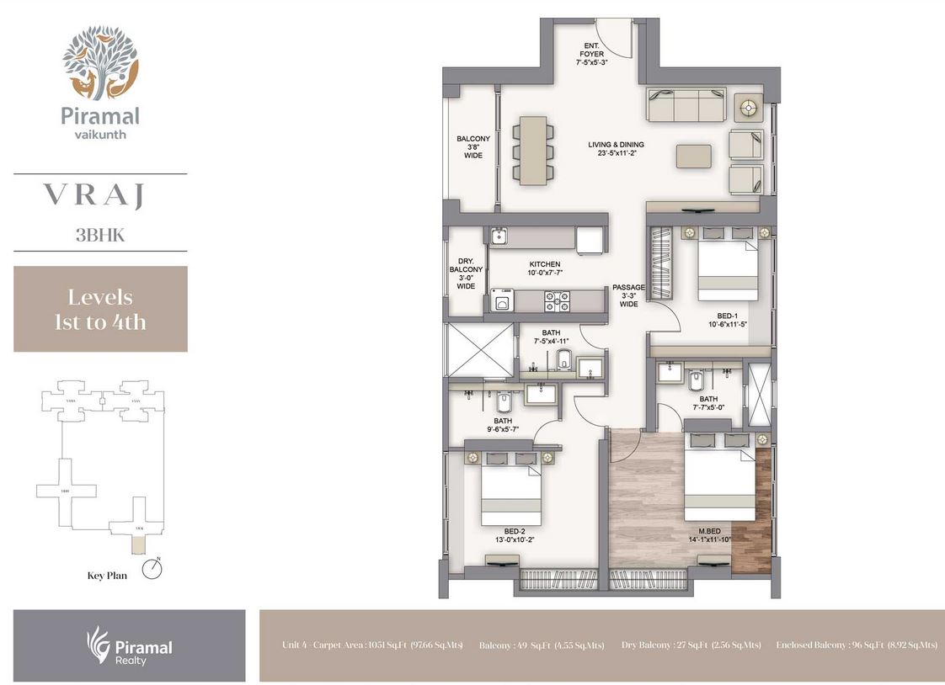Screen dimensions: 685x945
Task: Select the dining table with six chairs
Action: (x=533, y=151)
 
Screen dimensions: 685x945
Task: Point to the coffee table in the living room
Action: (x=693, y=157)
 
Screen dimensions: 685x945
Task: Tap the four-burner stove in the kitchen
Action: (x=557, y=300)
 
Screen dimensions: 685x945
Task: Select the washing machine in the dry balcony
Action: (x=503, y=300)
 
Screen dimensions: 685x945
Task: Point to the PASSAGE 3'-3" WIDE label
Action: (x=628, y=295)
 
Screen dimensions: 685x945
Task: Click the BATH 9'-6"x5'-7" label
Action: (x=504, y=425)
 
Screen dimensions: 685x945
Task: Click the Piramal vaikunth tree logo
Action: (x=99, y=62)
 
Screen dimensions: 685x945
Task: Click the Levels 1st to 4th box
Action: (x=100, y=309)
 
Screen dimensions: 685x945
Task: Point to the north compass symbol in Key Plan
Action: (x=152, y=570)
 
